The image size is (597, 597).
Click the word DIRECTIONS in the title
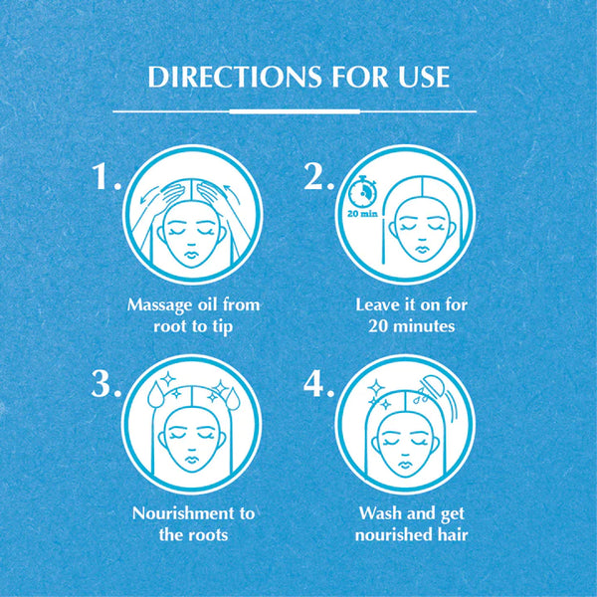234,77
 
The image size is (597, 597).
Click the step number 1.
105,176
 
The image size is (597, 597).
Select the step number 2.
318,176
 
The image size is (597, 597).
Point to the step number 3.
105,384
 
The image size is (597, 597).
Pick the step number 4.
318,384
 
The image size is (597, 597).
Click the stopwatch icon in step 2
363,191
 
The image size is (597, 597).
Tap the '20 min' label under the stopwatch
362,214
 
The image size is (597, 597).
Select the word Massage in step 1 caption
159,305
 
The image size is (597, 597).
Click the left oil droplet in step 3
155,395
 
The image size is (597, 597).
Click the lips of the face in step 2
421,249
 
